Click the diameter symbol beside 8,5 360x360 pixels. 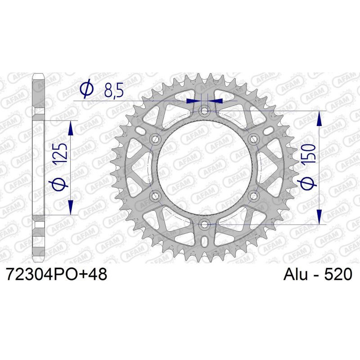[x=86, y=90]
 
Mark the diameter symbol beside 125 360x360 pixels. [x=62, y=184]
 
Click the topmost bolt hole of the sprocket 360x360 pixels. [x=205, y=110]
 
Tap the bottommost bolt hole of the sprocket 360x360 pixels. [x=205, y=224]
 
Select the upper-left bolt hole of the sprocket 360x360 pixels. [x=156, y=139]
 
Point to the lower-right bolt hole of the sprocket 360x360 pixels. [x=254, y=196]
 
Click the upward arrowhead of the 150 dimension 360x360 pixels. [x=319, y=119]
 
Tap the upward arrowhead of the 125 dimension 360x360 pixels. [x=71, y=128]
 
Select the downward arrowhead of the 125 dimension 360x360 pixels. [x=71, y=207]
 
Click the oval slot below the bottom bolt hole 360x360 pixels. [x=205, y=240]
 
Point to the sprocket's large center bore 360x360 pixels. [x=205, y=167]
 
